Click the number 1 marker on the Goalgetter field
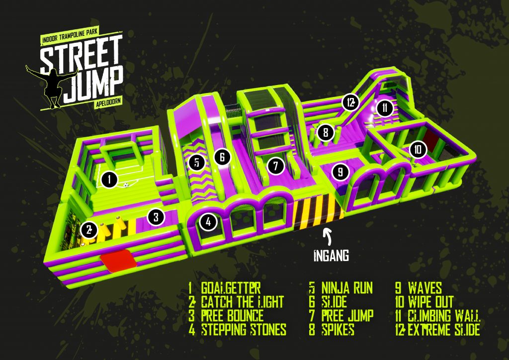[x=109, y=180]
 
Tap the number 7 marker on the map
[x=275, y=166]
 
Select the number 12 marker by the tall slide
[x=350, y=102]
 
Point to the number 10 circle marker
[x=418, y=149]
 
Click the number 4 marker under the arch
[x=208, y=222]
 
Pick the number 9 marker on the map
[x=340, y=171]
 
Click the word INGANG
[x=332, y=256]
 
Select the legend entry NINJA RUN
[x=347, y=288]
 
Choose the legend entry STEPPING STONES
[x=244, y=329]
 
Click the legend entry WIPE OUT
[x=430, y=302]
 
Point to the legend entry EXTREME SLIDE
[x=444, y=330]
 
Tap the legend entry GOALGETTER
[x=231, y=288]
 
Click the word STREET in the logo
[x=81, y=54]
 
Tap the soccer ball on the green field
[x=126, y=185]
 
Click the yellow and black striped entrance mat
[x=318, y=210]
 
